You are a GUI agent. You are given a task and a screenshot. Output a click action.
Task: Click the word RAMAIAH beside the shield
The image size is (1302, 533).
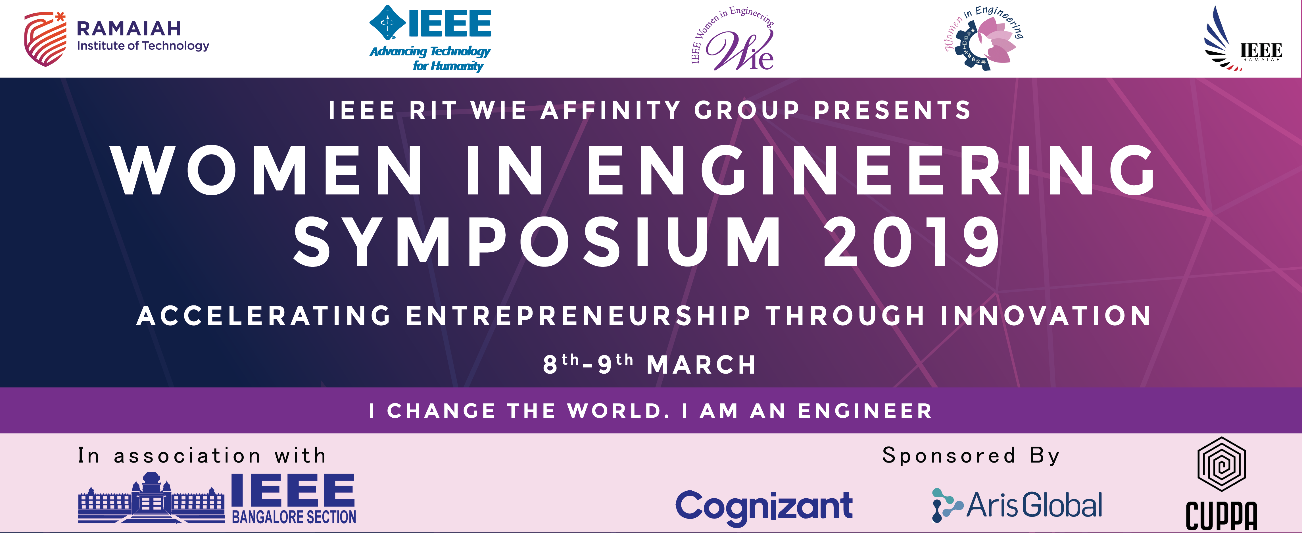click(129, 29)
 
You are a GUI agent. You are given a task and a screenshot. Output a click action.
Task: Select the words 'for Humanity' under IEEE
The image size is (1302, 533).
click(448, 66)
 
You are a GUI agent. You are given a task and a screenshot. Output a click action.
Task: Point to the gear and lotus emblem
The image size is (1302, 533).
click(983, 39)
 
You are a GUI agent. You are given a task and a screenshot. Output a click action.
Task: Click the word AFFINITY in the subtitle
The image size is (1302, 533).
click(611, 110)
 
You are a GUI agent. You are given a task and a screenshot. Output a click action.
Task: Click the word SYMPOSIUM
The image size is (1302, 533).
click(537, 242)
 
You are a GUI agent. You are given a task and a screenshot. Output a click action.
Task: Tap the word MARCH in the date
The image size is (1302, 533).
click(701, 365)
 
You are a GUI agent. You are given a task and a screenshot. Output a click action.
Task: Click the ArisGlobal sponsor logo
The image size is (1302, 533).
click(1017, 505)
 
